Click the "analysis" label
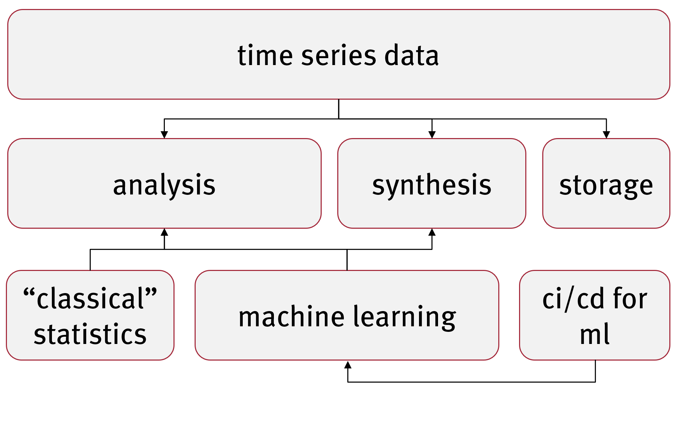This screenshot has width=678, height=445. pyautogui.click(x=164, y=185)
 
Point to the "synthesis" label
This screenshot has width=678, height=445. pyautogui.click(x=432, y=185)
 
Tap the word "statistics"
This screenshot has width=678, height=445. pyautogui.click(x=90, y=334)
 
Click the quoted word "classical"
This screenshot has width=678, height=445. pyautogui.click(x=90, y=298)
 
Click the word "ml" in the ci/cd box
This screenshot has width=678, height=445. pyautogui.click(x=595, y=334)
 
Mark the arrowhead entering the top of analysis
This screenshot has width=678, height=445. pyautogui.click(x=164, y=135)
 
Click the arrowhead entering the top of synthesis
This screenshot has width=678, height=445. pyautogui.click(x=432, y=135)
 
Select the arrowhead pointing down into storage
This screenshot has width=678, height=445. pyautogui.click(x=606, y=135)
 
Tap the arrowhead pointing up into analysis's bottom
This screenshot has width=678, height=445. pyautogui.click(x=164, y=232)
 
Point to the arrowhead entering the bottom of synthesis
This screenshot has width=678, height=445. pyautogui.click(x=432, y=232)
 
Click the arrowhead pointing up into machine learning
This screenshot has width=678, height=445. pyautogui.click(x=348, y=364)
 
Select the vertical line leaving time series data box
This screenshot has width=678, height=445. pyautogui.click(x=339, y=109)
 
